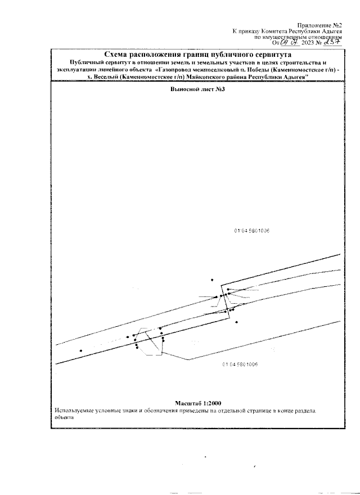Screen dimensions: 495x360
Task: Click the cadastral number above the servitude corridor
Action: click(252, 230)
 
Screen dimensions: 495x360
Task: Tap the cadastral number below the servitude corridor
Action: click(240, 364)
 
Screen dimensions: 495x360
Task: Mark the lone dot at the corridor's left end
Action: click(81, 350)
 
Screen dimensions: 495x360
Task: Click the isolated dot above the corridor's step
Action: click(212, 280)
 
